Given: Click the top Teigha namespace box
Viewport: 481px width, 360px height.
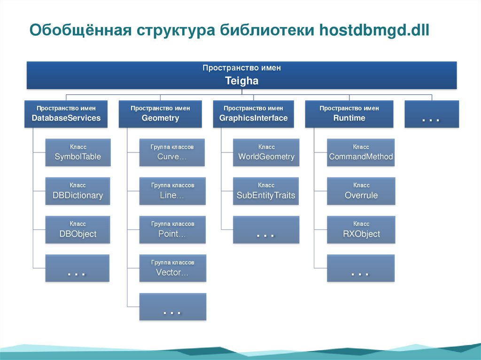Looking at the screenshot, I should (241, 75).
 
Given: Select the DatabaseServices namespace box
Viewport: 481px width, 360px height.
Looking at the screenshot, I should (66, 114).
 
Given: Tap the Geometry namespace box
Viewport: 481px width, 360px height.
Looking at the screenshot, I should (160, 114).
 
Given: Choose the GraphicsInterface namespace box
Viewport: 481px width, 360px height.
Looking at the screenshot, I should (253, 114).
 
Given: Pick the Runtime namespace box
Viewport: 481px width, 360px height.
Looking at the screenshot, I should (349, 114).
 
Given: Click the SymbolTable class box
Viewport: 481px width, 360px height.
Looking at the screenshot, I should (78, 152).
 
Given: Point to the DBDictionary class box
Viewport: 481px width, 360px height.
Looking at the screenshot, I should (78, 191).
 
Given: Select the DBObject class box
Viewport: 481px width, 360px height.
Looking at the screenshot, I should (78, 230).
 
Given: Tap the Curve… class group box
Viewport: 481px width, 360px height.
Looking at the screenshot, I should (172, 152).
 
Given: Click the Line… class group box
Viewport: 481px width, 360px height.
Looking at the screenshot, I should (172, 191).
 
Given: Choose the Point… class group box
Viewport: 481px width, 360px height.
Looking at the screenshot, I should (172, 230).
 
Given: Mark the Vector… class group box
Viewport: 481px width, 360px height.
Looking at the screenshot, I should (172, 268).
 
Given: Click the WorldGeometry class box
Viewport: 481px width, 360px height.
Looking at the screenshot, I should (266, 152).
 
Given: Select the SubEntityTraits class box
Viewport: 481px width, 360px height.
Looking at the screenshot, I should (266, 191).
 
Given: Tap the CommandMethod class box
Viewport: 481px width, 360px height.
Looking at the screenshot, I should (361, 152).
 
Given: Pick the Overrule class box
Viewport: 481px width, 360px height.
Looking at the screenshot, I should (361, 191).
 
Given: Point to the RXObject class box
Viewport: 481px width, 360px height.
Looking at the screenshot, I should (361, 230).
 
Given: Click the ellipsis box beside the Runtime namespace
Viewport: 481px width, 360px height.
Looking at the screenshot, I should (431, 114).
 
